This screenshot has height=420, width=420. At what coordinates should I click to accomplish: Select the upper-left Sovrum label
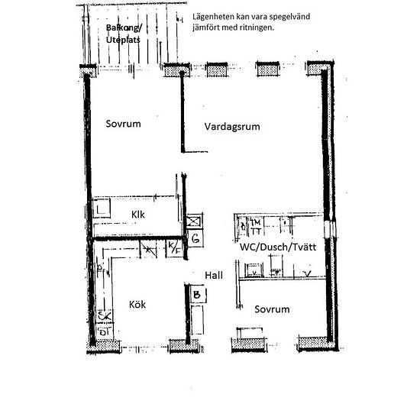pos(124,123)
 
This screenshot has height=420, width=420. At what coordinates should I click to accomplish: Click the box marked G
pos(195,240)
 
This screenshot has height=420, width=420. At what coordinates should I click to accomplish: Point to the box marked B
pos(196,293)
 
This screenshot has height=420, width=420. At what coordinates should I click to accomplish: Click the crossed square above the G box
pos(195,222)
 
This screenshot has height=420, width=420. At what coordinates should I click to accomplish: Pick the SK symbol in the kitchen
pos(102,315)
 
